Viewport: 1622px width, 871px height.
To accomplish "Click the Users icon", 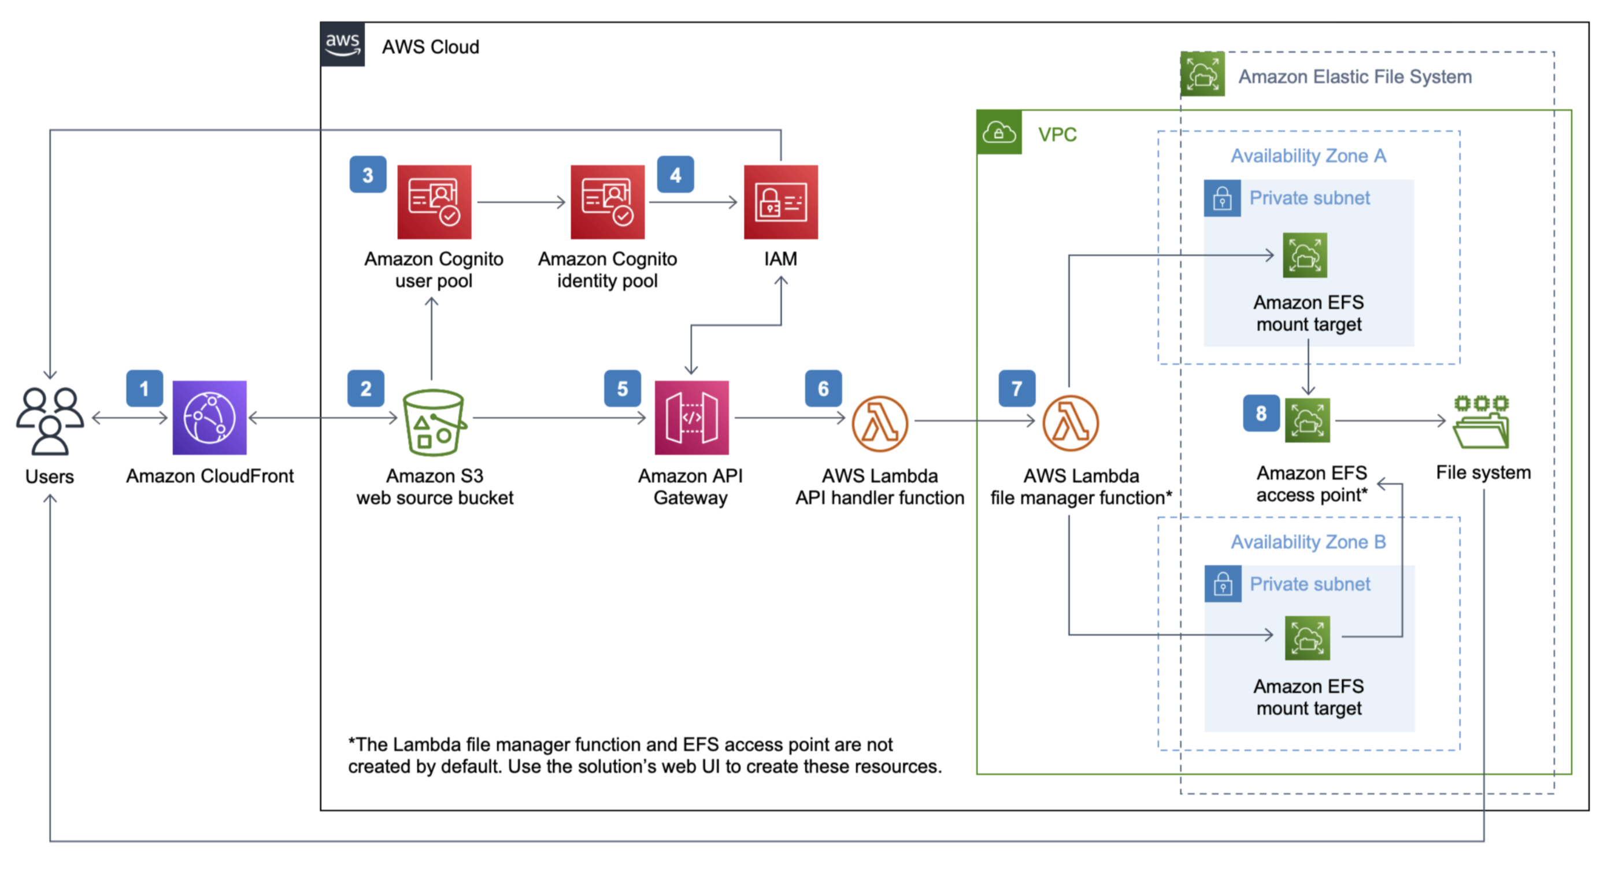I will pos(50,420).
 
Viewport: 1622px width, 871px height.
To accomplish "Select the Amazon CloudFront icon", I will pos(209,418).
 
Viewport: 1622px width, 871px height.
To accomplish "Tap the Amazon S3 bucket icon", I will pos(435,422).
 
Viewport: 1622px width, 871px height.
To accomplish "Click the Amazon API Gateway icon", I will pos(691,418).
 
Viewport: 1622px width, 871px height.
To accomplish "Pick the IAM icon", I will pos(781,202).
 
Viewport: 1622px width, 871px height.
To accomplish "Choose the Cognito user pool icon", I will pos(434,202).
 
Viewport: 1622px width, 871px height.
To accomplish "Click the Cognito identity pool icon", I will pos(608,202).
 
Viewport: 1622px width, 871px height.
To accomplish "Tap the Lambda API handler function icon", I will pos(880,423).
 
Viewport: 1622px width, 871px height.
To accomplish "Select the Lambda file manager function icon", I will pos(1071,423).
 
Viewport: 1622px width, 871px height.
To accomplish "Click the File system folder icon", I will pos(1481,422).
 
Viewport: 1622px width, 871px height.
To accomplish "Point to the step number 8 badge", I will pos(1261,413).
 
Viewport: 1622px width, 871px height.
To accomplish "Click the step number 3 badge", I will pos(368,175).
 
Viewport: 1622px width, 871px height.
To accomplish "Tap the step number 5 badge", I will pos(622,388).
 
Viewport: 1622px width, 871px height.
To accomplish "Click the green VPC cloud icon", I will pos(999,132).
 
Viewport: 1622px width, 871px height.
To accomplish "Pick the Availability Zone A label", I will pos(1309,156).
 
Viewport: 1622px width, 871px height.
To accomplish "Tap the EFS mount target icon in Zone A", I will pos(1305,256).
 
